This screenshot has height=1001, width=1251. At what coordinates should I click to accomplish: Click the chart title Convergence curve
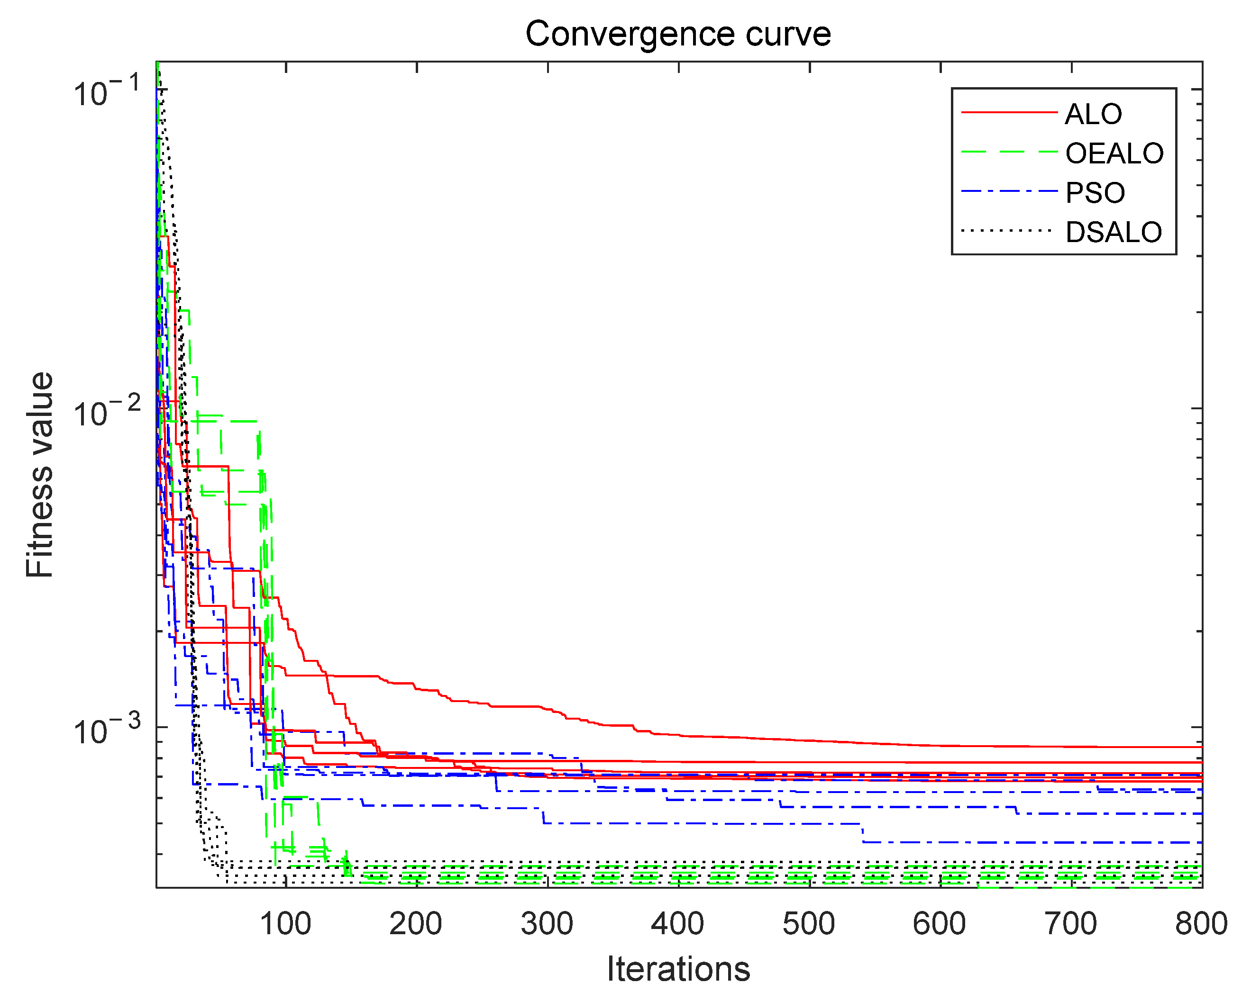678,34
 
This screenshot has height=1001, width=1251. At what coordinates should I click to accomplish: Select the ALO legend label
1093,114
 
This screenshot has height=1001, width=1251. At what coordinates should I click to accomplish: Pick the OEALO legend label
1114,153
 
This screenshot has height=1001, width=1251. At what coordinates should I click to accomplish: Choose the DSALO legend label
1114,232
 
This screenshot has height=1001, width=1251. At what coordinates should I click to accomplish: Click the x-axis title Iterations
678,968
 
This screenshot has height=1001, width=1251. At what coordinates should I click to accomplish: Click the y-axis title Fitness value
39,474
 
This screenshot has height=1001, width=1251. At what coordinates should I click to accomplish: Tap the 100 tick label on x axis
285,923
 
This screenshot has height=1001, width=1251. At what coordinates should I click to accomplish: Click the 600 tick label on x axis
939,923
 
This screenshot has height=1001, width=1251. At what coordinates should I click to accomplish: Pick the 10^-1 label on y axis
107,91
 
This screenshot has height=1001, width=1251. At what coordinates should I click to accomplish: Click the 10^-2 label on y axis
107,412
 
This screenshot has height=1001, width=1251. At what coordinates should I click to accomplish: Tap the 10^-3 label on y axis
107,730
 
